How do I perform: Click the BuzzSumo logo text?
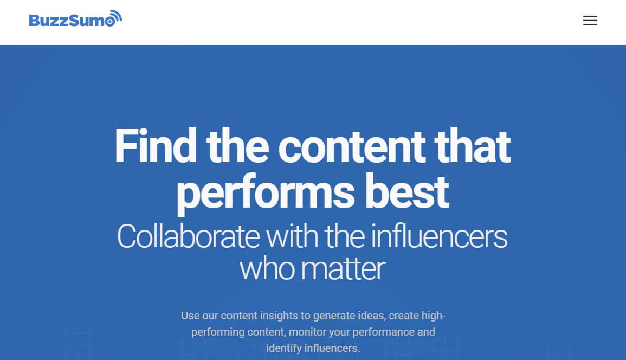[72, 20]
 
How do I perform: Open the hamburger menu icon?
[590, 21]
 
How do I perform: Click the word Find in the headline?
[156, 146]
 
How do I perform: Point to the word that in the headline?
[473, 146]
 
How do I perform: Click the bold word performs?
[266, 194]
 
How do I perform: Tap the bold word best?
[407, 192]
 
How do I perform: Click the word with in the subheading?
[292, 236]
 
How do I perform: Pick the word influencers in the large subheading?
[439, 236]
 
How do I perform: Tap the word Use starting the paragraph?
[190, 316]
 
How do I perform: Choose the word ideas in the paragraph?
[372, 316]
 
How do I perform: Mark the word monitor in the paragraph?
[308, 332]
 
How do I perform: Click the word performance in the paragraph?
[382, 332]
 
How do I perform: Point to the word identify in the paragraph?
[284, 349]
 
